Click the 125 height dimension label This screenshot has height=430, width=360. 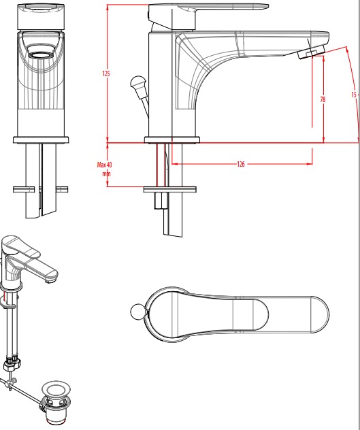point(106,73)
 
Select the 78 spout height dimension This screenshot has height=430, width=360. point(323,99)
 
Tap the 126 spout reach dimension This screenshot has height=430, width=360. point(240,164)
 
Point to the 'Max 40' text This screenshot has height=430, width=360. point(104,165)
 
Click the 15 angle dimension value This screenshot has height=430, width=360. point(354,95)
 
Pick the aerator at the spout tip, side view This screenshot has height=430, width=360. point(312,52)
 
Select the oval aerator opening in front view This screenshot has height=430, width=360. point(41,55)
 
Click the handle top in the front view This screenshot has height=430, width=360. point(41,17)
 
